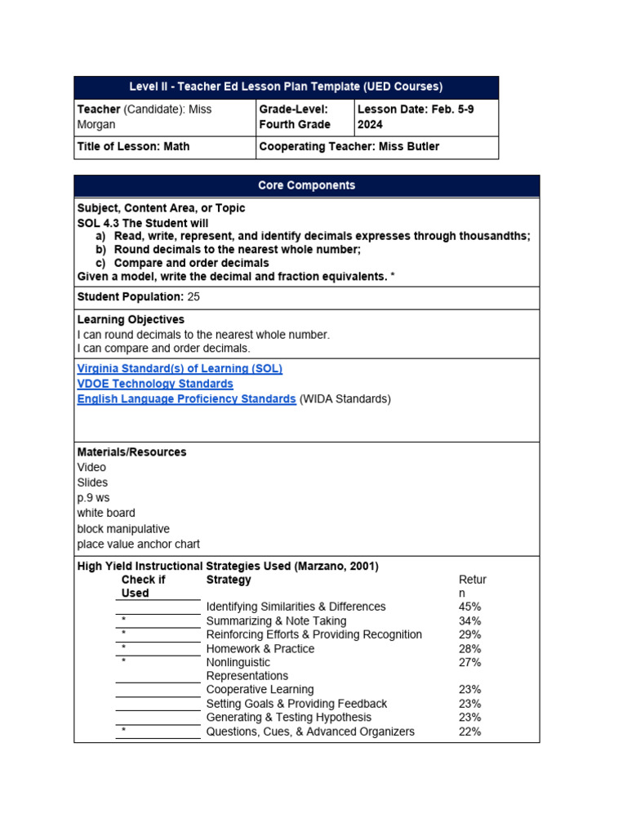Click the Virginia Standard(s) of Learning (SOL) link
(180, 368)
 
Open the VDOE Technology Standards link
(155, 384)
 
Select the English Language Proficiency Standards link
(186, 399)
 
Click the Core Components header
(306, 185)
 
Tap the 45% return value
(469, 607)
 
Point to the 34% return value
(469, 620)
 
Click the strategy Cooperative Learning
(260, 690)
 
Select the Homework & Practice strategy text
(260, 648)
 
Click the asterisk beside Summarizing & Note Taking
(123, 620)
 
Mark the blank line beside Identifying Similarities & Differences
(158, 607)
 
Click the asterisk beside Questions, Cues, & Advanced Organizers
(123, 731)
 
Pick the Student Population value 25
(193, 296)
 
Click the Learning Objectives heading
(131, 319)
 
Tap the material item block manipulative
(123, 529)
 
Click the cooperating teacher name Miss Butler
(408, 147)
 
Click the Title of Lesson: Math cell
(133, 147)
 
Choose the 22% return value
(469, 731)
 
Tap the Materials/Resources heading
(131, 451)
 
